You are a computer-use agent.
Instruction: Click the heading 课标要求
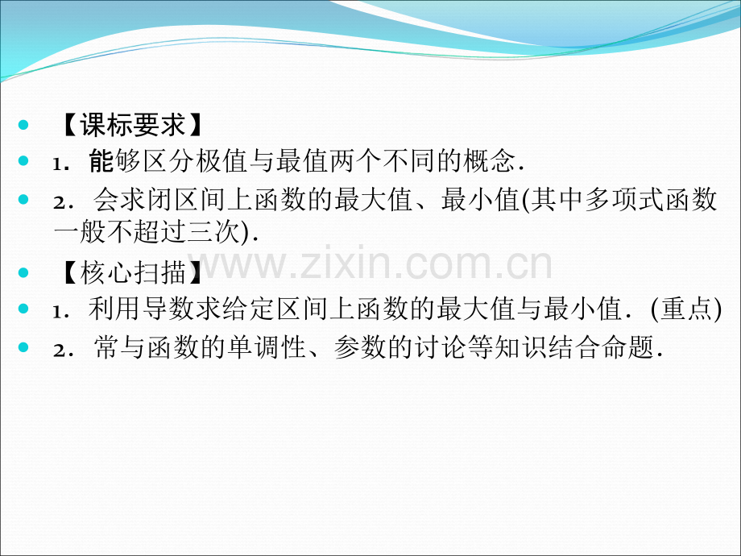click(130, 126)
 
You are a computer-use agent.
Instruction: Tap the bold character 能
click(102, 162)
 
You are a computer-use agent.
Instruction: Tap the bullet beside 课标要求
click(23, 126)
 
